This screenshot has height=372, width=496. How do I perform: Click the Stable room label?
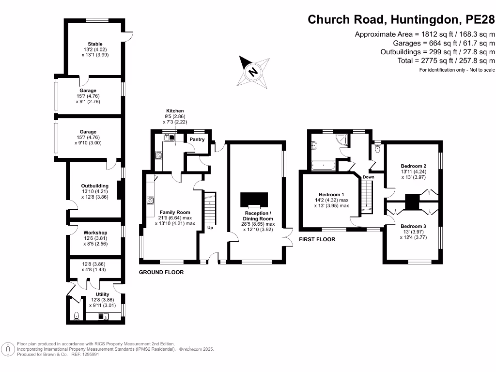(x=95, y=44)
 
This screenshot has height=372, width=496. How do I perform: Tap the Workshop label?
(x=95, y=232)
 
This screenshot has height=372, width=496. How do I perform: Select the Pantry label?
(x=197, y=139)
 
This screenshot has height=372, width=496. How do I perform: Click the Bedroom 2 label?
(x=413, y=166)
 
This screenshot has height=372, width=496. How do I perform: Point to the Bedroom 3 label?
(x=413, y=226)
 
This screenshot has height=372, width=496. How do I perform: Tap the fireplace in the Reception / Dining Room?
(x=254, y=200)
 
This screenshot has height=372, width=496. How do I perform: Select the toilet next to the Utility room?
(x=76, y=316)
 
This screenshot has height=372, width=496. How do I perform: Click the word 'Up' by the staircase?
(x=210, y=228)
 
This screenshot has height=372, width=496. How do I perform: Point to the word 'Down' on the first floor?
(x=368, y=177)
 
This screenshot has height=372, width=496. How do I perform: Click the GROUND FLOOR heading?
(x=161, y=272)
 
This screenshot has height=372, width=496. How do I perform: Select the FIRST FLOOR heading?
(x=317, y=239)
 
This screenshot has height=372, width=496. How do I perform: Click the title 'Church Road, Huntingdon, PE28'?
(x=402, y=20)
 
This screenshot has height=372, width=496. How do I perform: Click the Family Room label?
(x=175, y=212)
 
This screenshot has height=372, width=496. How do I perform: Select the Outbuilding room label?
(x=95, y=186)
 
